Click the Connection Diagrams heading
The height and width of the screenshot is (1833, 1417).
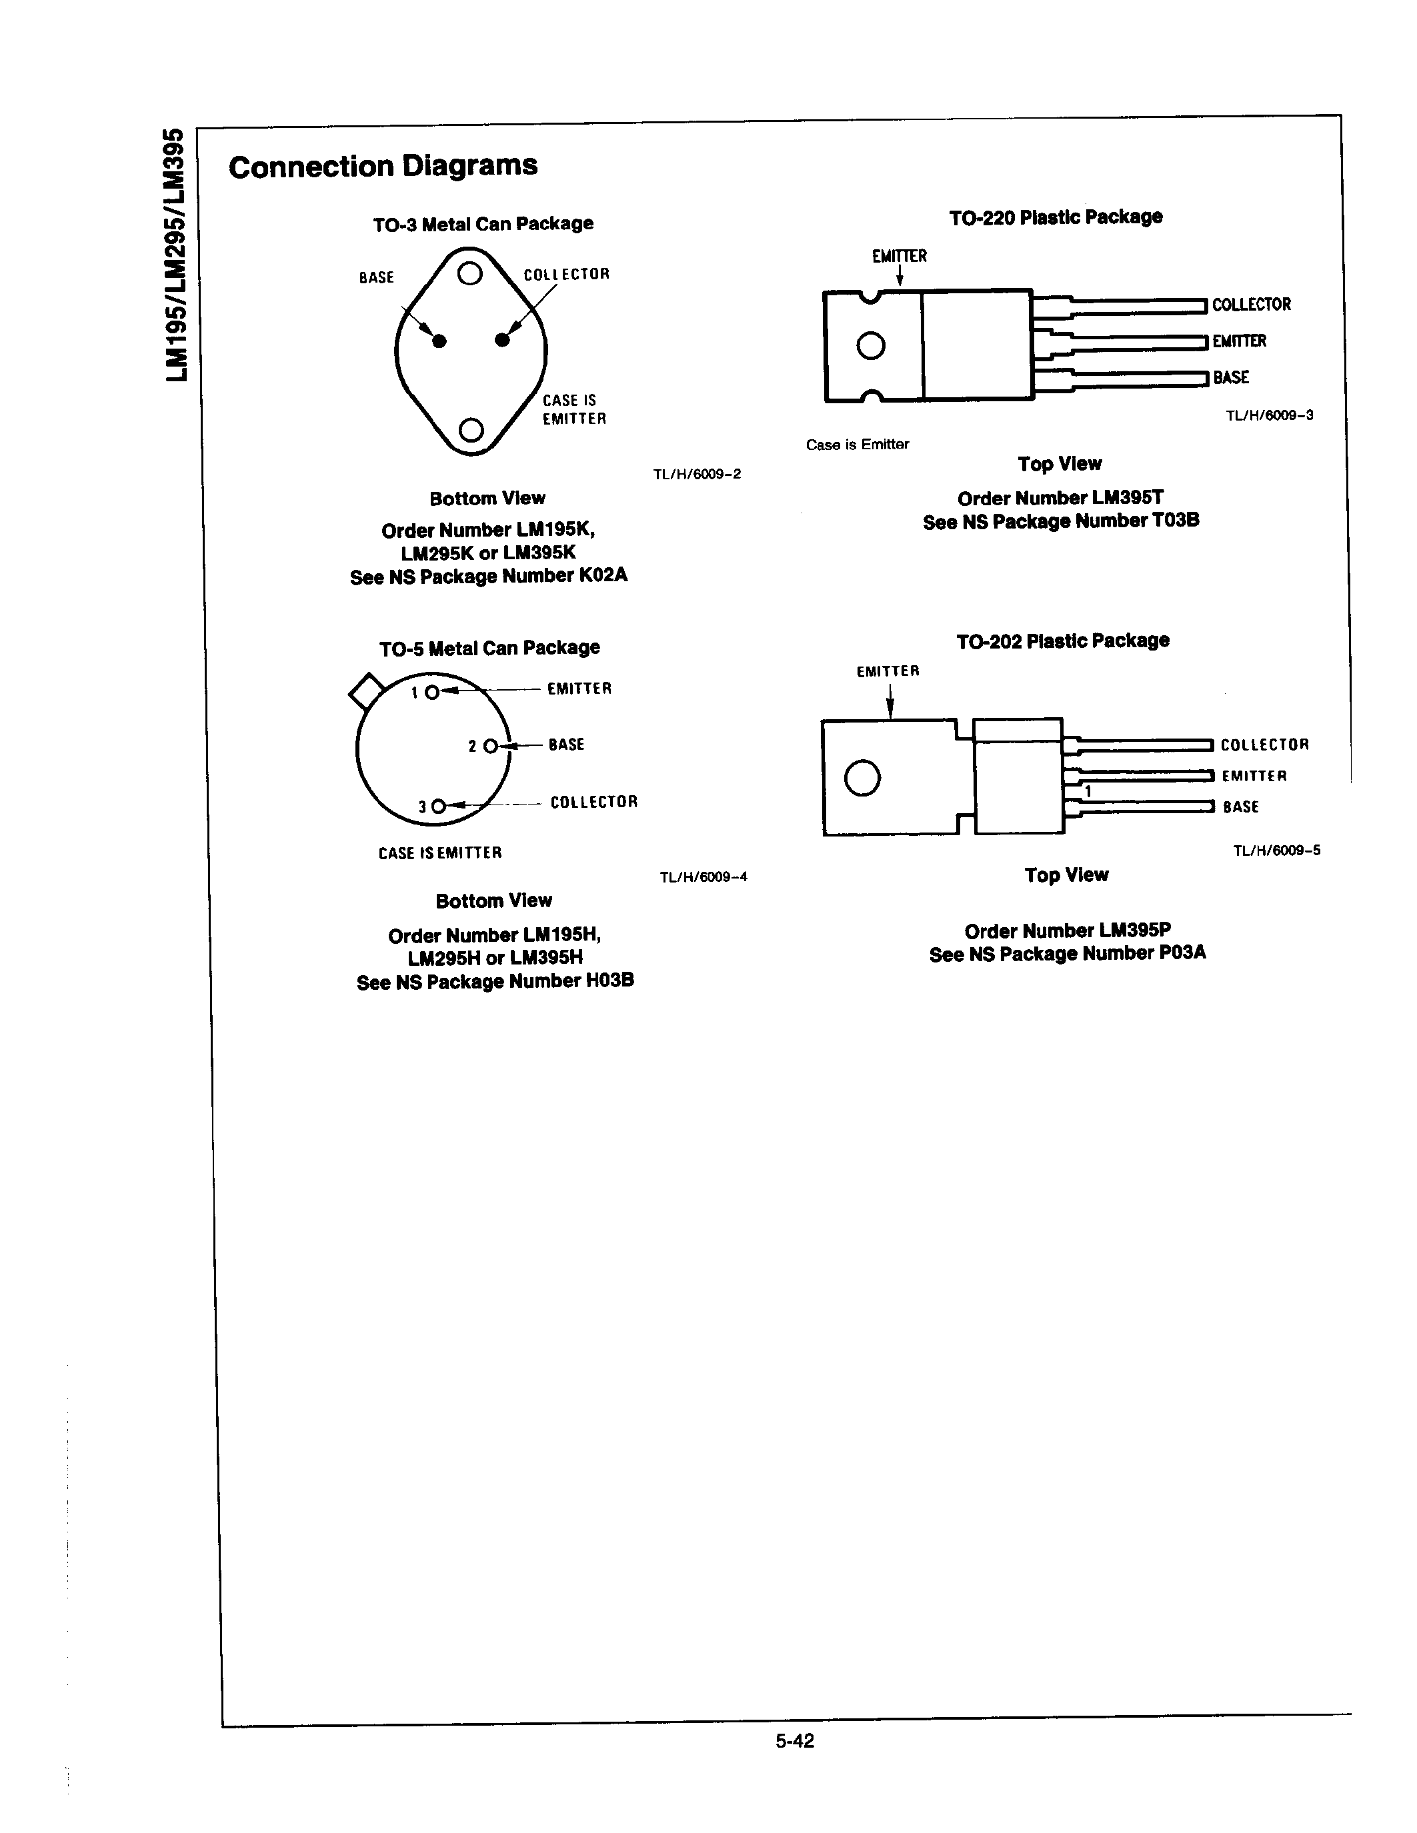click(x=383, y=165)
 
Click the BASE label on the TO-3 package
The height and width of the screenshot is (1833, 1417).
click(x=376, y=277)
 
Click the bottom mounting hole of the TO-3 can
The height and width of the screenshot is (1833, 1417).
click(x=471, y=430)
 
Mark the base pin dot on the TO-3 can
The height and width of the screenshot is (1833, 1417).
click(x=439, y=341)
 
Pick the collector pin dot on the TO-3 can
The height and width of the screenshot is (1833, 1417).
click(x=502, y=340)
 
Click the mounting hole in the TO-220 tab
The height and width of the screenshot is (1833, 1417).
click(x=870, y=346)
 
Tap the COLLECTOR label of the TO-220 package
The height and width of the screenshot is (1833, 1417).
click(x=1251, y=305)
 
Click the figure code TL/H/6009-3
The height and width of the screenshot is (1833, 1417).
click(x=1269, y=415)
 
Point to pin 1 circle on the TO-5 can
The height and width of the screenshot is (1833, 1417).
click(x=431, y=693)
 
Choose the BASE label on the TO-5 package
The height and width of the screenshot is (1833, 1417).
click(x=565, y=745)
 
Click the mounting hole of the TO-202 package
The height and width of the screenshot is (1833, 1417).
click(x=862, y=777)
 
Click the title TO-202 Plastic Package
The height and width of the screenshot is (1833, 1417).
click(x=1063, y=641)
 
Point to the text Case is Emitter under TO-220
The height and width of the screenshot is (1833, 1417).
click(x=857, y=445)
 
